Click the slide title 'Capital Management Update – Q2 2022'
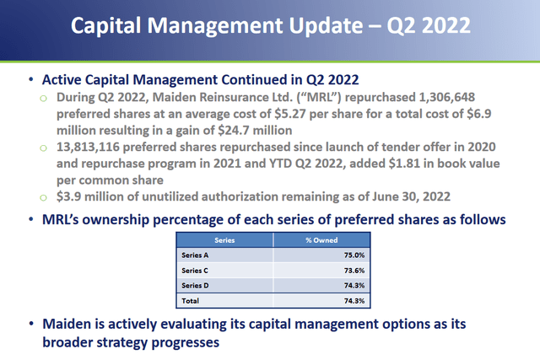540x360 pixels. click(x=270, y=24)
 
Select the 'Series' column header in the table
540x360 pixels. click(x=219, y=239)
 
